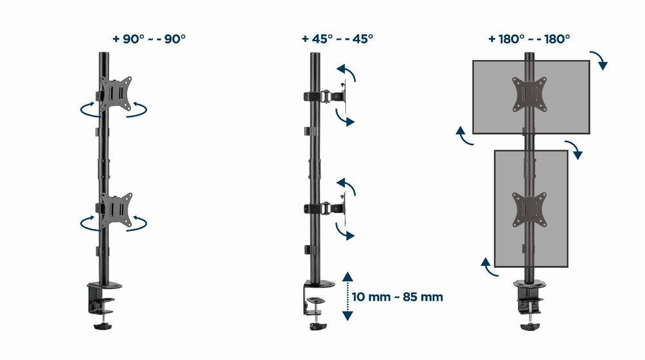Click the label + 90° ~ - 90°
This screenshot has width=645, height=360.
148,38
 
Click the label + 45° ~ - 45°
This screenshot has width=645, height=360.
337,38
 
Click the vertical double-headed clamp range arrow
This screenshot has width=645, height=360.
348,296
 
